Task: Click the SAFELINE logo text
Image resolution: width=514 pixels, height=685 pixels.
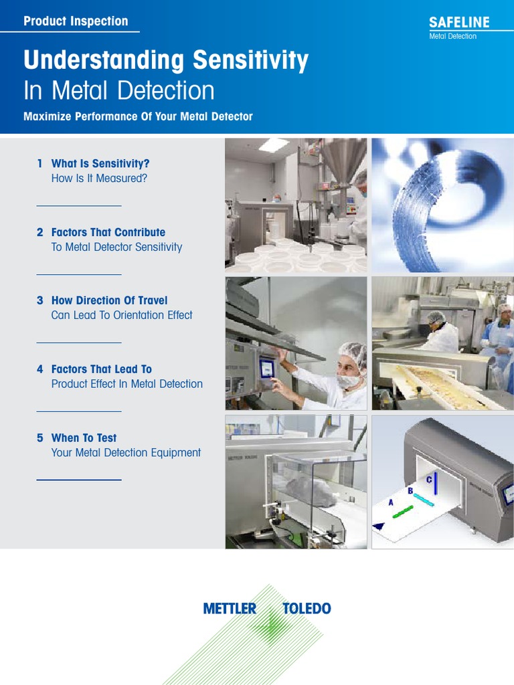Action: (459, 22)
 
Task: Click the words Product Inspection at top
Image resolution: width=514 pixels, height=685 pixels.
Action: (76, 21)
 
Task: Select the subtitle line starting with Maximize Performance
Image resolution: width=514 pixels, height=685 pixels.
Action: (138, 116)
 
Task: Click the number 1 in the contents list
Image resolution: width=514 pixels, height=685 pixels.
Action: (39, 163)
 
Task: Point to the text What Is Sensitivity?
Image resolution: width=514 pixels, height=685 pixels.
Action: (100, 163)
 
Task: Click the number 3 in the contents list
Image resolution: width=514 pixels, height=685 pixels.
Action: (39, 300)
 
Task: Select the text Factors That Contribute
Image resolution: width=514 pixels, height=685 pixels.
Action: (108, 232)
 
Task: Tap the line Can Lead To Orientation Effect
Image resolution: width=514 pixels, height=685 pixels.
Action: (122, 315)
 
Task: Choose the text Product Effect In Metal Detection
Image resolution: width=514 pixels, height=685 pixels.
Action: (126, 384)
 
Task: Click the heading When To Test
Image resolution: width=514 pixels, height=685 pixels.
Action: (84, 437)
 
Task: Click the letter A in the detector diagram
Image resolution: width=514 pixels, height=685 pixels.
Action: (391, 502)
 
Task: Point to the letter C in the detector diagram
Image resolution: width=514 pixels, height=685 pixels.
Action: (429, 480)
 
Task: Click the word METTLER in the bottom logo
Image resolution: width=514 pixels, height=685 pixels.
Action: (230, 609)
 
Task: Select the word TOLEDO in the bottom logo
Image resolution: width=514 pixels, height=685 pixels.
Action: (307, 609)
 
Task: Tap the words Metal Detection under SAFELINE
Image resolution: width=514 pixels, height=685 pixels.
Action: (452, 36)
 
